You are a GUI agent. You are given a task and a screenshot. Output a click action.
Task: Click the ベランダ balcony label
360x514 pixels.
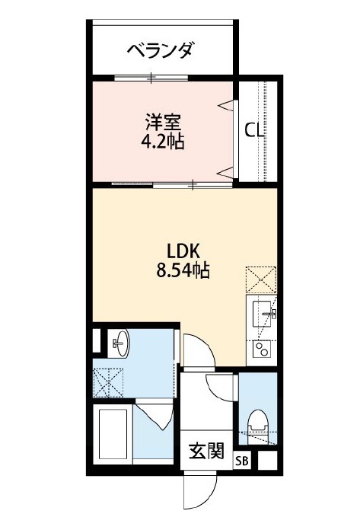[160, 50]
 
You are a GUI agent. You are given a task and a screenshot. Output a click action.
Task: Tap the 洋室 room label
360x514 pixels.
[164, 122]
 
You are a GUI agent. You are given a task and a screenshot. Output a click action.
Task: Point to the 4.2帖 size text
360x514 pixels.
[163, 142]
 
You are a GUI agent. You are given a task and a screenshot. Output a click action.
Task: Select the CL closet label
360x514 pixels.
[254, 131]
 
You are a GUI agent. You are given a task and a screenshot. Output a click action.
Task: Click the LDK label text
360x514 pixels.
[183, 252]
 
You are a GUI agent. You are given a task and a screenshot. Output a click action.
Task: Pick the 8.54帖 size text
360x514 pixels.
[183, 271]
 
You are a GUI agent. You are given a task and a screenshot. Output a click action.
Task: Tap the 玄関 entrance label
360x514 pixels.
[207, 451]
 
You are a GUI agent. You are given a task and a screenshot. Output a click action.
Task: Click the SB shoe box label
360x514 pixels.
[242, 461]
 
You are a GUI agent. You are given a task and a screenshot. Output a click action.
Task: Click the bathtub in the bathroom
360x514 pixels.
[113, 433]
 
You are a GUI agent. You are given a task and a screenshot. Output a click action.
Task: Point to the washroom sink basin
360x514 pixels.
[122, 343]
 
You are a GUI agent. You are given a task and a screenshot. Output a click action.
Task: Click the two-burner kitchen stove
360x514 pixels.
[262, 350]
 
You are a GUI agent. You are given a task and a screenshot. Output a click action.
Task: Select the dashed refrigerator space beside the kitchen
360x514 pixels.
[261, 279]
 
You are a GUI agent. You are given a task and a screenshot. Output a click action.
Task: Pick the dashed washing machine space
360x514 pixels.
[108, 383]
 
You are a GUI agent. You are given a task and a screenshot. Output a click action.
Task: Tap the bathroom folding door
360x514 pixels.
[155, 414]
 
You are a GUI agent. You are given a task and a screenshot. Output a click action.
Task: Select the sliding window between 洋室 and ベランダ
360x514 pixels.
[151, 78]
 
